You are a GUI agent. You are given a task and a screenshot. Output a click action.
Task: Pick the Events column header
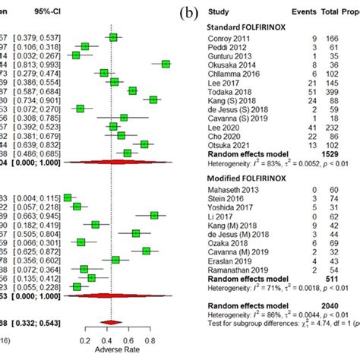click(x=302, y=13)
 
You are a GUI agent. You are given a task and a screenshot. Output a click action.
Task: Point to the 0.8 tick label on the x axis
click(x=152, y=341)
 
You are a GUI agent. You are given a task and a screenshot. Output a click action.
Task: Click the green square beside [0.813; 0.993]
click(x=166, y=65)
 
